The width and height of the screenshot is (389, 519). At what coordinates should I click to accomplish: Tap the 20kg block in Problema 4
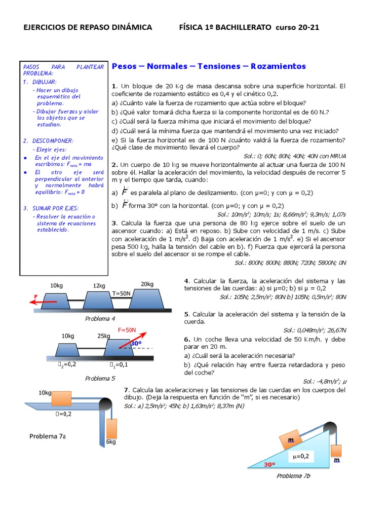147,297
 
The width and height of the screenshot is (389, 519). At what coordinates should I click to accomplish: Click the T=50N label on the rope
122,293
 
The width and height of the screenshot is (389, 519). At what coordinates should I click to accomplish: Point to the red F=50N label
127,330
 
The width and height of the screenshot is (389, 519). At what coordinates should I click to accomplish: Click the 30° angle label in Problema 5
136,343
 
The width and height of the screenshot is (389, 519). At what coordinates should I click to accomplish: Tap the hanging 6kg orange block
112,428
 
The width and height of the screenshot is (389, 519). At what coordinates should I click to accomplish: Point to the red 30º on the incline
269,464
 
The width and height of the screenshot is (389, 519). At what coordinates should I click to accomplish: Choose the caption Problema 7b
293,476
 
